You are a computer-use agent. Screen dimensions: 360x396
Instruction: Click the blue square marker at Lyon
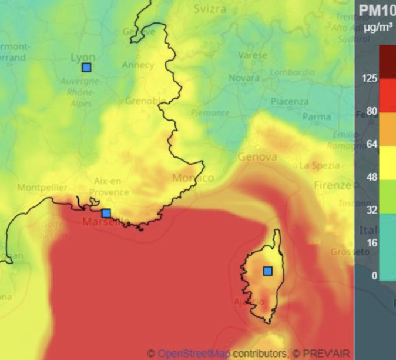(86, 68)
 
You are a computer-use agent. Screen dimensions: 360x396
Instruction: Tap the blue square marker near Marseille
(106, 214)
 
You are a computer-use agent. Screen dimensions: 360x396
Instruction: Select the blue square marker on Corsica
(268, 271)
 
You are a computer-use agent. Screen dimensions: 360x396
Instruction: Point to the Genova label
(257, 157)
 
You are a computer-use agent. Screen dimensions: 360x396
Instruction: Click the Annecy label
(137, 65)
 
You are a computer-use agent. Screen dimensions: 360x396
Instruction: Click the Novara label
(244, 78)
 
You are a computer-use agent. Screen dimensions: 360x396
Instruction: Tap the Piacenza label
(289, 102)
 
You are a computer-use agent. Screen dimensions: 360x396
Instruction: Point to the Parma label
(316, 116)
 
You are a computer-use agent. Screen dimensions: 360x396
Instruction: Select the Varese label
(253, 55)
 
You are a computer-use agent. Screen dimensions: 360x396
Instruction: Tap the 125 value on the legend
(370, 79)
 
